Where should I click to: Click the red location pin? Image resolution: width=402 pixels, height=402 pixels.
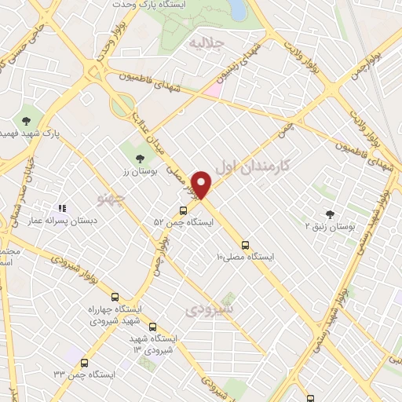202,184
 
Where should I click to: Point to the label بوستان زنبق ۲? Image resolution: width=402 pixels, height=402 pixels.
331,226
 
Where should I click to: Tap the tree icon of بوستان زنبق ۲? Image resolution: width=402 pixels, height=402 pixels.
329,214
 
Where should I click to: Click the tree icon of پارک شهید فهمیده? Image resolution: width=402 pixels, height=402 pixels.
27,120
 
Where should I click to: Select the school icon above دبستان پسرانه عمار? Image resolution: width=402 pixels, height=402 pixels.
61,208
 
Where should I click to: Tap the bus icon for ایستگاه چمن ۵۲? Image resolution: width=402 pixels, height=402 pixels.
183,210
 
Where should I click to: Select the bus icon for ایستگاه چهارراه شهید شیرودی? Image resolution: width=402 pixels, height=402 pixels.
115,298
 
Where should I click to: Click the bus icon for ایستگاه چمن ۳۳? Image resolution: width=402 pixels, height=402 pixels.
85,362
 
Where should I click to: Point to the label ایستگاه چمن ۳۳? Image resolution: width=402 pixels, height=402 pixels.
85,375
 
